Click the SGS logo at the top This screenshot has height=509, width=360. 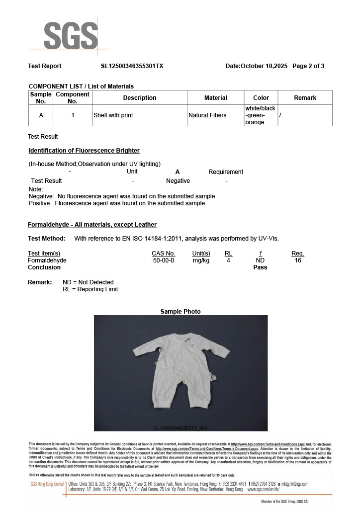(x=70, y=35)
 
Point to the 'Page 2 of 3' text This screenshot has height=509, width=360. (x=308, y=66)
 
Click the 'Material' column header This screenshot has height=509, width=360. (x=215, y=98)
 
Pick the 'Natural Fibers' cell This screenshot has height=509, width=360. (x=207, y=115)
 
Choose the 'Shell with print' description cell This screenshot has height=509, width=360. (x=113, y=115)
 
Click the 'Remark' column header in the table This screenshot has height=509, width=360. (x=305, y=98)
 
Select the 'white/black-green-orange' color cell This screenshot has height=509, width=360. (x=260, y=115)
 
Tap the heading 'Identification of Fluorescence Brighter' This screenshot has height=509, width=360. (x=84, y=151)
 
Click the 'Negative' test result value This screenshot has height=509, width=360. (x=178, y=181)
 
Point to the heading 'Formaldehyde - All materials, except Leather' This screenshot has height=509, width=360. (x=92, y=225)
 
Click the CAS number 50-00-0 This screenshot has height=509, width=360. (x=163, y=260)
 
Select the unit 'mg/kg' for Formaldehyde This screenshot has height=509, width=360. (x=201, y=260)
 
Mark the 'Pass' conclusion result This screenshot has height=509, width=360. (x=260, y=267)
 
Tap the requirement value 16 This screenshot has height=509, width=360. (x=298, y=260)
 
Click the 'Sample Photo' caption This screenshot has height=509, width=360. (x=180, y=312)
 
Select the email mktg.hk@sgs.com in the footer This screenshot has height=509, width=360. (x=295, y=484)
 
